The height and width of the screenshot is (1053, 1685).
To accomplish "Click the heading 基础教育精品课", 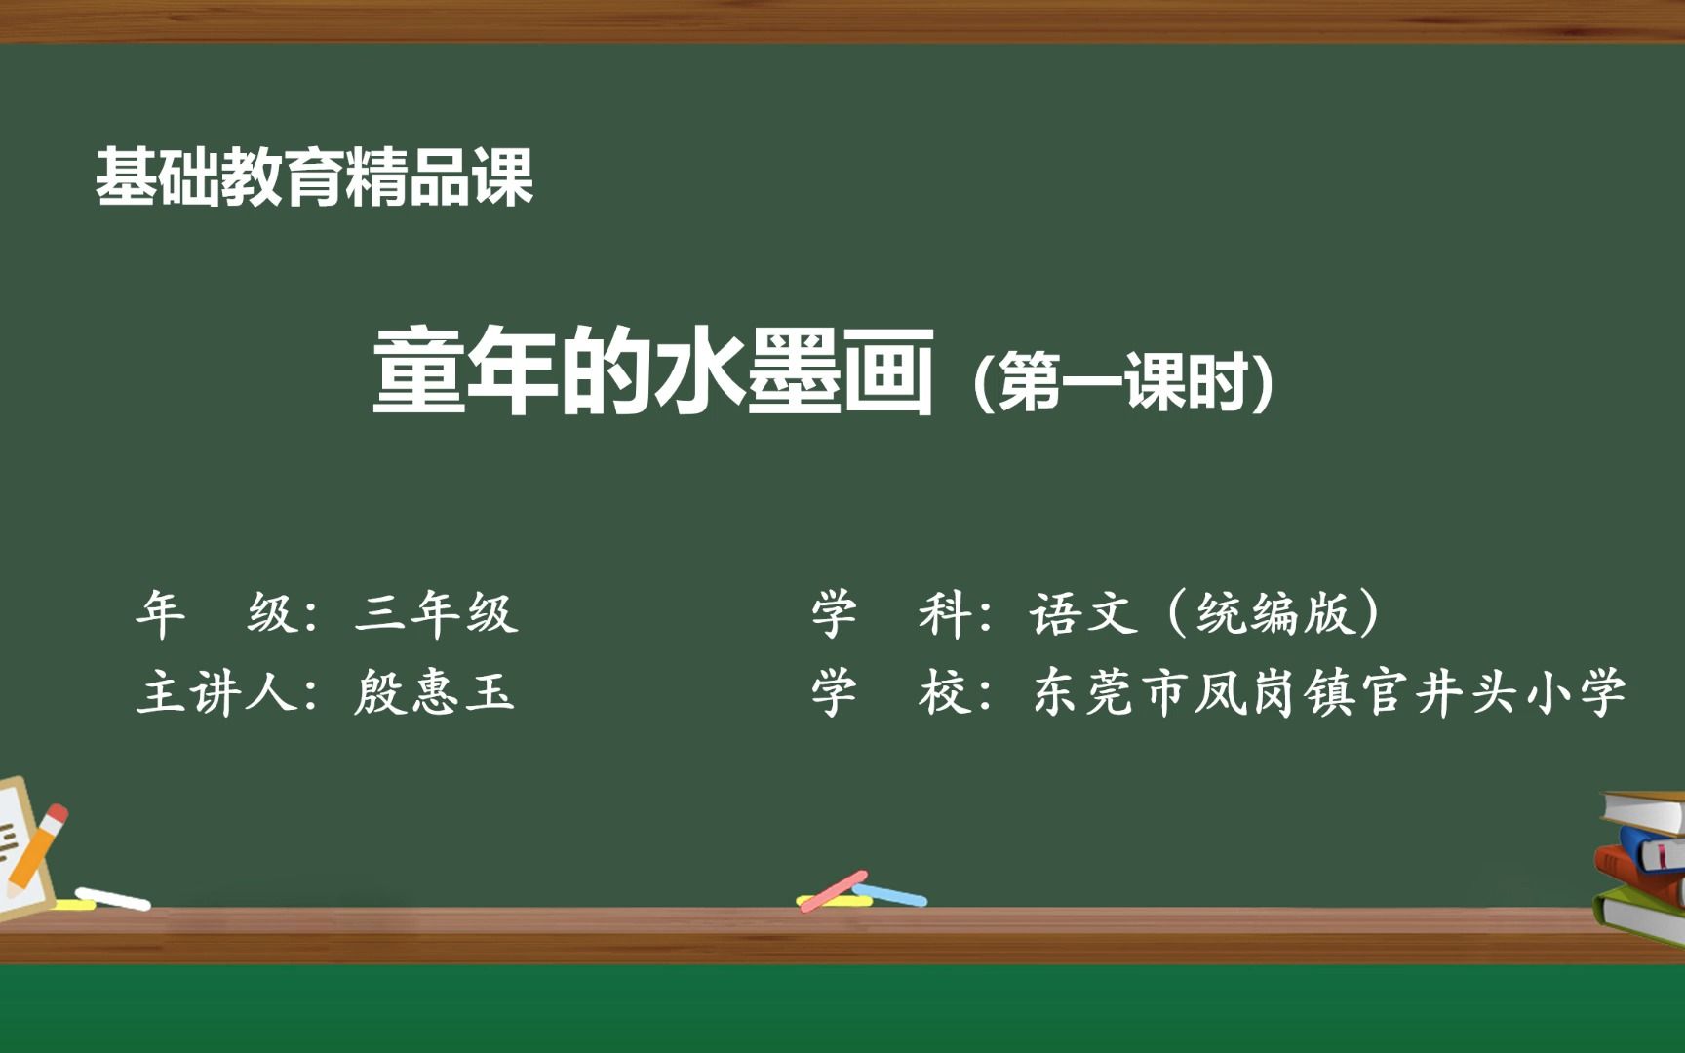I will pos(314,177).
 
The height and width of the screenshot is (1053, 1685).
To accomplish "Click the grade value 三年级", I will pos(436,613).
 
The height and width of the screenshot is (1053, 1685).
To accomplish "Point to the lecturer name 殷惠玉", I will pos(434,693).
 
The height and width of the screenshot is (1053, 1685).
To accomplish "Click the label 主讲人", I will pos(216,693).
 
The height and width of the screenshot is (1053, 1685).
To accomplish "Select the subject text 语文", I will pos(1083,614).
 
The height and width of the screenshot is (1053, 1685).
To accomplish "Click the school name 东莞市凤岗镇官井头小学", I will pos(1329,693).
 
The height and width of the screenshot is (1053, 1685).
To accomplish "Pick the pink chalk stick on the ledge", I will pos(833,890).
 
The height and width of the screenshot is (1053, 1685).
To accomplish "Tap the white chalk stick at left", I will pos(113,898).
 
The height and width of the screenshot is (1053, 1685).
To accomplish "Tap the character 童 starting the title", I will pos(417,372).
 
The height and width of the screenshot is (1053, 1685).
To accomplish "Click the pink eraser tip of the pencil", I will pos(58,814).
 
